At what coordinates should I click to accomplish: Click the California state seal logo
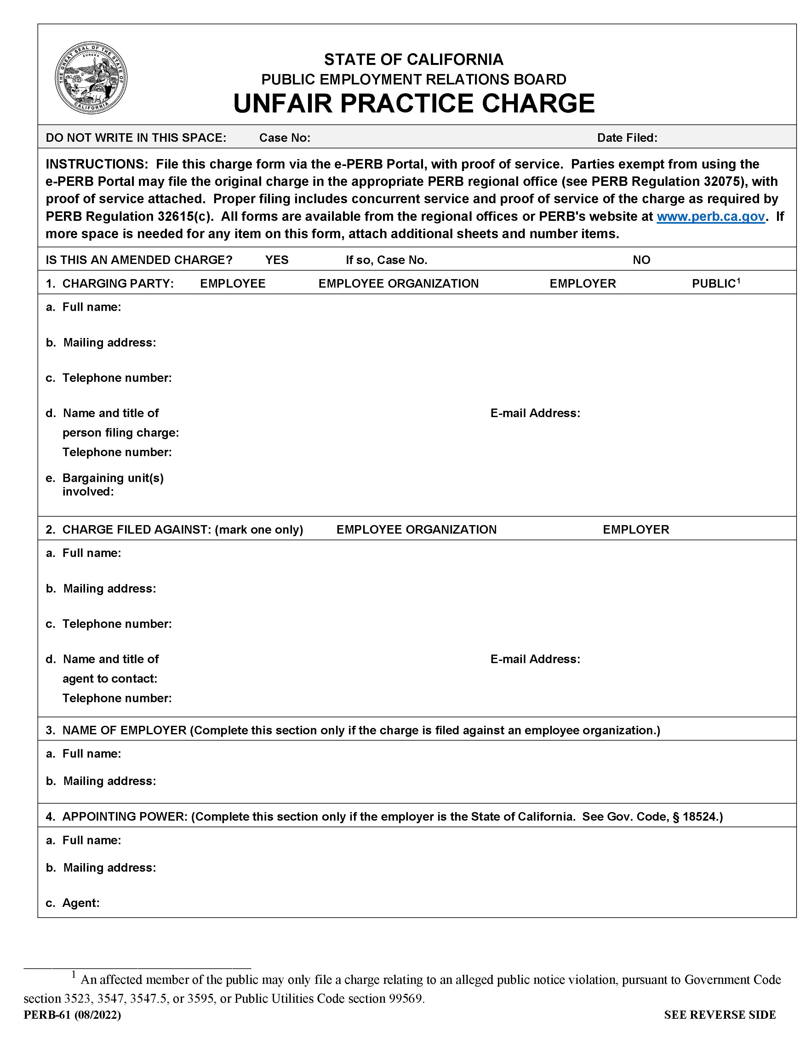coord(91,77)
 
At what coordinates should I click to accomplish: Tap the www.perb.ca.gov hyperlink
coord(711,216)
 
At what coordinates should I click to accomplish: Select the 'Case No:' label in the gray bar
coord(285,138)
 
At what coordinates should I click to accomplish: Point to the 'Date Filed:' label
coord(627,138)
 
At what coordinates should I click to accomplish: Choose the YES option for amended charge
coord(277,260)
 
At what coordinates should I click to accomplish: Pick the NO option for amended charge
coord(641,260)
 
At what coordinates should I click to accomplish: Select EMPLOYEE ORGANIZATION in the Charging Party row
coord(398,284)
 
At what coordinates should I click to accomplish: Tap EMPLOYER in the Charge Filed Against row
coord(636,530)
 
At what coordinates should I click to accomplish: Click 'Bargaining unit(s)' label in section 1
coord(113,478)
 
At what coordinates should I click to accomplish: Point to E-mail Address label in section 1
coord(535,413)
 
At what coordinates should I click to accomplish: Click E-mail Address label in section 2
coord(535,659)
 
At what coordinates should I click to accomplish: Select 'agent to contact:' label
coord(110,679)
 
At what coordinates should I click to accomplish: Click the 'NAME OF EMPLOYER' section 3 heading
coord(124,730)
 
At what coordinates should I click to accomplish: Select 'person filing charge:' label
coord(120,433)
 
